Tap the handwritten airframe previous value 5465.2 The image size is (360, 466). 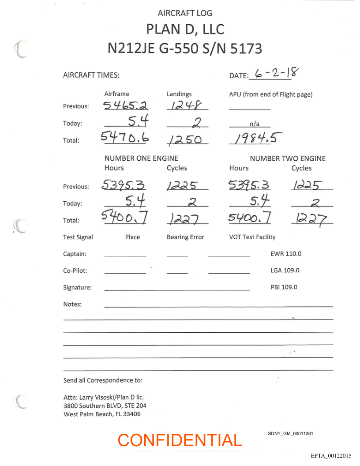[x=126, y=105]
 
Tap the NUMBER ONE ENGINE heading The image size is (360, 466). [x=141, y=158]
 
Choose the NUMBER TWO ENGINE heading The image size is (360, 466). [x=288, y=158]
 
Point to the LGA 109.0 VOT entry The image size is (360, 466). [x=285, y=271]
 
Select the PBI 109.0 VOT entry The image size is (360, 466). [x=284, y=287]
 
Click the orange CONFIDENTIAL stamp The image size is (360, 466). [x=180, y=440]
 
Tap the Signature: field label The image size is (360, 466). [x=78, y=287]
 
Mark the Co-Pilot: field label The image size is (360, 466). [x=75, y=271]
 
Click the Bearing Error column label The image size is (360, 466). [x=185, y=237]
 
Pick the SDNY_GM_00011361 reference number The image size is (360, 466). [x=290, y=434]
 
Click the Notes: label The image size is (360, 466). [x=72, y=304]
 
